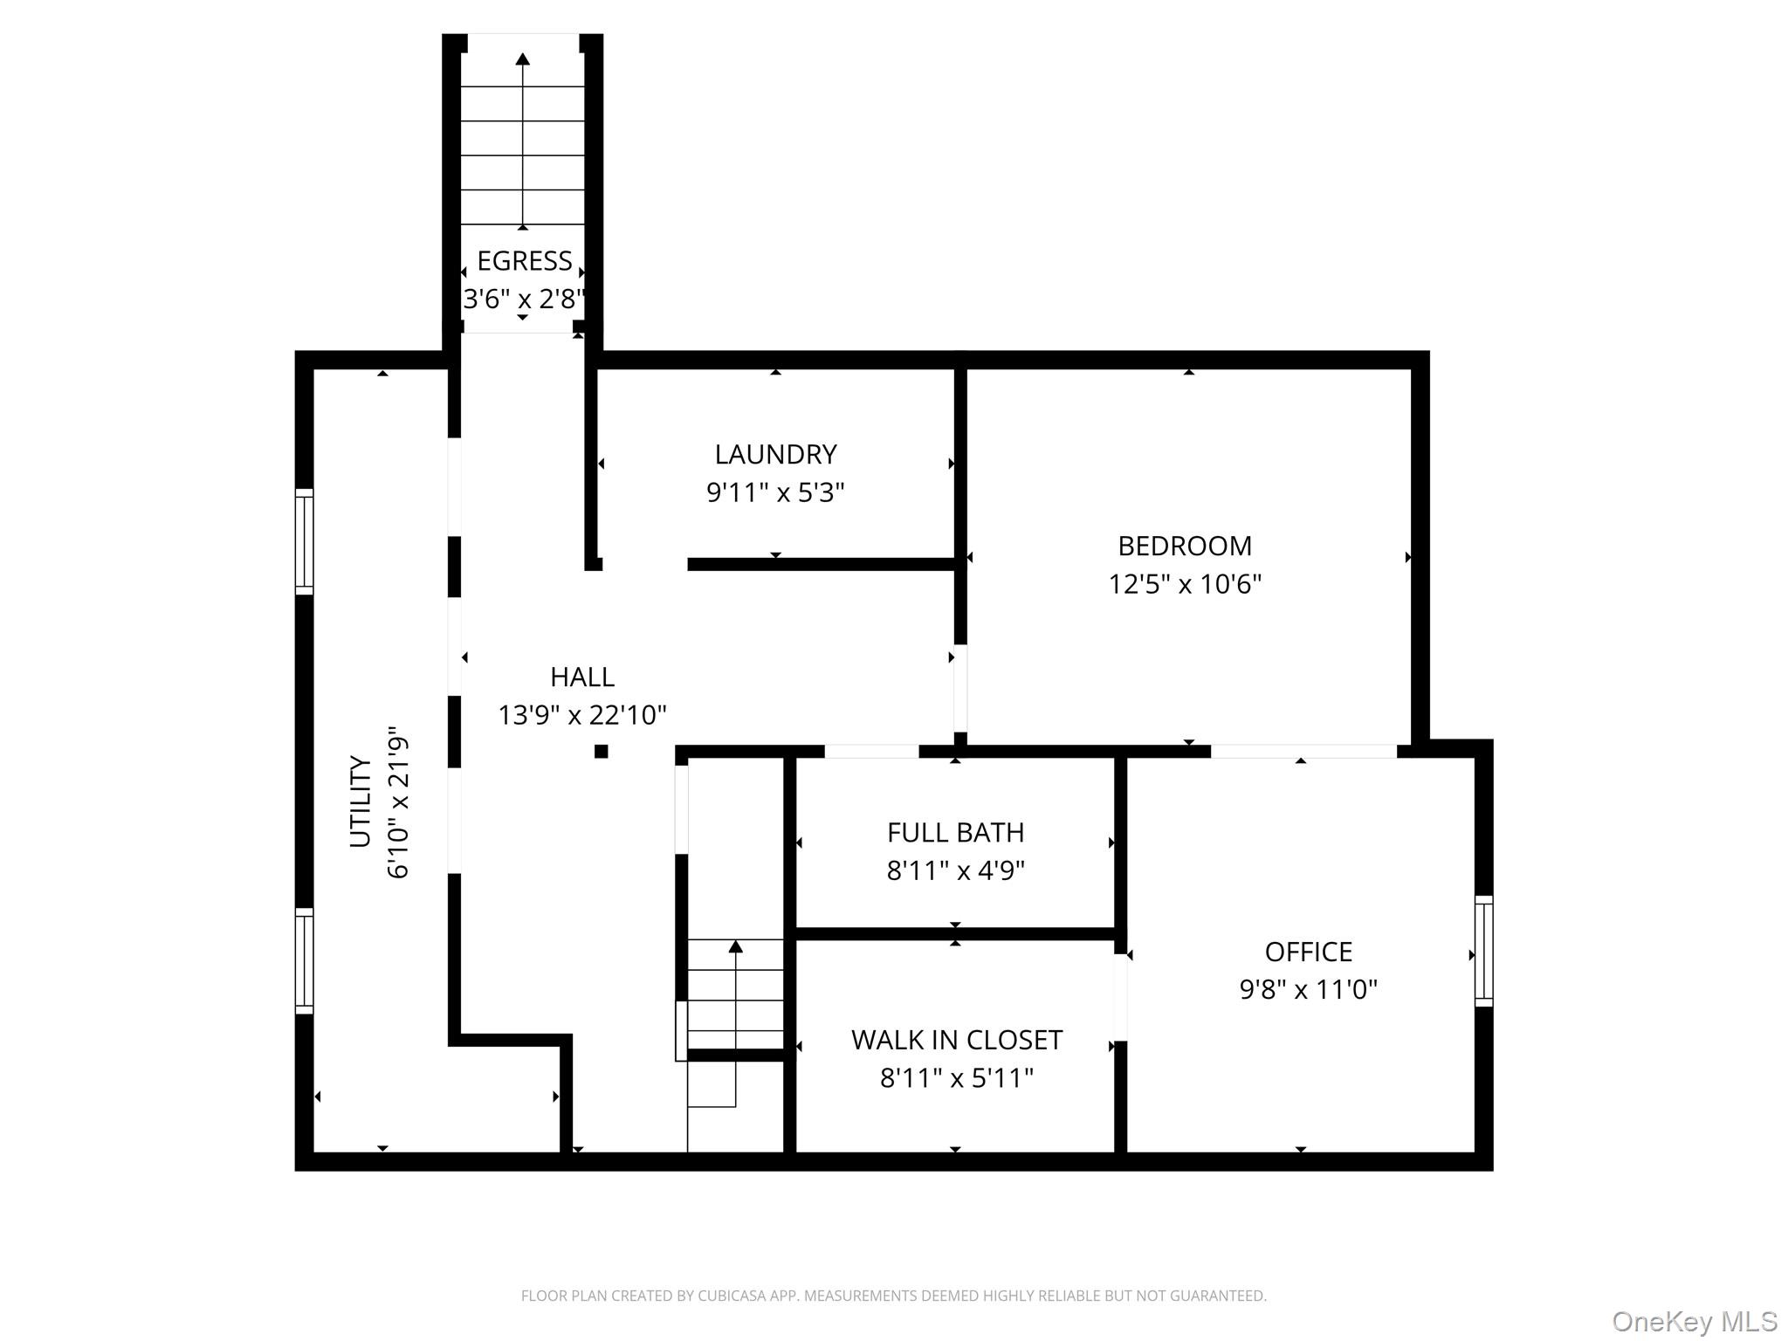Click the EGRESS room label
pyautogui.click(x=525, y=261)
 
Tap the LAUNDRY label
pyautogui.click(x=775, y=454)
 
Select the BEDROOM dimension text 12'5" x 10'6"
pyautogui.click(x=1185, y=583)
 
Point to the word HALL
pyautogui.click(x=582, y=677)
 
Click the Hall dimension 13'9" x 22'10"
pyautogui.click(x=582, y=715)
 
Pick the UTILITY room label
pyautogui.click(x=361, y=801)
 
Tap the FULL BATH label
pyautogui.click(x=956, y=833)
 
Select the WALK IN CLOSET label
pyautogui.click(x=957, y=1040)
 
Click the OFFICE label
pyautogui.click(x=1309, y=952)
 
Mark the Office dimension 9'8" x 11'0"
pyautogui.click(x=1309, y=989)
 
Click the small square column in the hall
pyautogui.click(x=601, y=751)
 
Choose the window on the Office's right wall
pyautogui.click(x=1483, y=951)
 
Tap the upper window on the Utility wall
pyautogui.click(x=304, y=541)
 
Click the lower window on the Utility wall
pyautogui.click(x=304, y=960)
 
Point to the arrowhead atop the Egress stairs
pyautogui.click(x=522, y=59)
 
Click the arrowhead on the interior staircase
pyautogui.click(x=736, y=946)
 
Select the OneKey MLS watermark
pyautogui.click(x=1695, y=1321)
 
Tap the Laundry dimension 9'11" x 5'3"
pyautogui.click(x=775, y=492)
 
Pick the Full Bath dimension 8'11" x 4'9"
pyautogui.click(x=956, y=870)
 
